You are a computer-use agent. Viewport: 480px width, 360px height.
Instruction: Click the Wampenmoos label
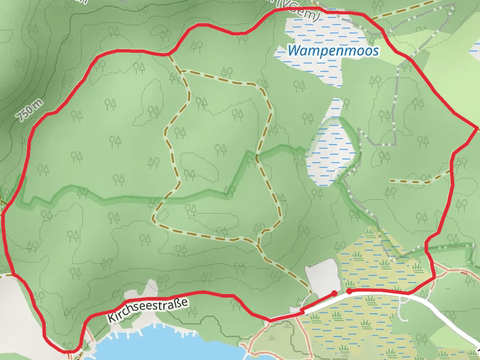click(333, 51)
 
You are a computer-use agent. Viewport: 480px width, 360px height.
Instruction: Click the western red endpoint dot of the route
click(334, 293)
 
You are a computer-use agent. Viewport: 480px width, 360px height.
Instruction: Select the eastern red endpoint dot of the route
click(349, 290)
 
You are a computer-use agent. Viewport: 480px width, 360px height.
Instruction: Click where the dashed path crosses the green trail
click(256, 158)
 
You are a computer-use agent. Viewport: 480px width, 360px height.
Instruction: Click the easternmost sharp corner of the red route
click(477, 128)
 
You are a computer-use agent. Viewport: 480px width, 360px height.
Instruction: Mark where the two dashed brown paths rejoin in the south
click(257, 243)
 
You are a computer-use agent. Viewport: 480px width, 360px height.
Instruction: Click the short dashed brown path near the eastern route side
click(420, 179)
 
